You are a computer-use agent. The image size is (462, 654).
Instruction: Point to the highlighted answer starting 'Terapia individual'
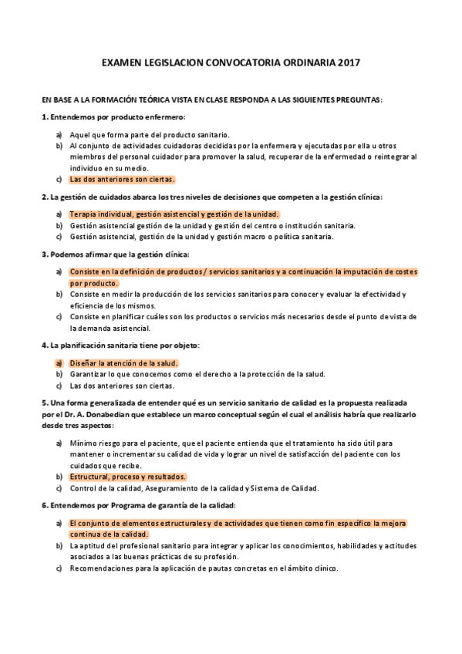point(174,214)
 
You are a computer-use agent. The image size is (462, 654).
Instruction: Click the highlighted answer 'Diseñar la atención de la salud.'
point(123,362)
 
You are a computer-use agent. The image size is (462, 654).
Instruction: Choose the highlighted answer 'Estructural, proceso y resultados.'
point(127,477)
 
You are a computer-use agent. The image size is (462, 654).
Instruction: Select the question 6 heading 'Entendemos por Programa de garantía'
point(139,505)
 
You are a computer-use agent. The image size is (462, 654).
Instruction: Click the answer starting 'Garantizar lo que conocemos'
point(197,374)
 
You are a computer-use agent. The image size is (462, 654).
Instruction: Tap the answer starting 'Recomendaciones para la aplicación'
point(204,568)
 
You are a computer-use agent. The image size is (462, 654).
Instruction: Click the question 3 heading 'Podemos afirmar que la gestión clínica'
point(115,254)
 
